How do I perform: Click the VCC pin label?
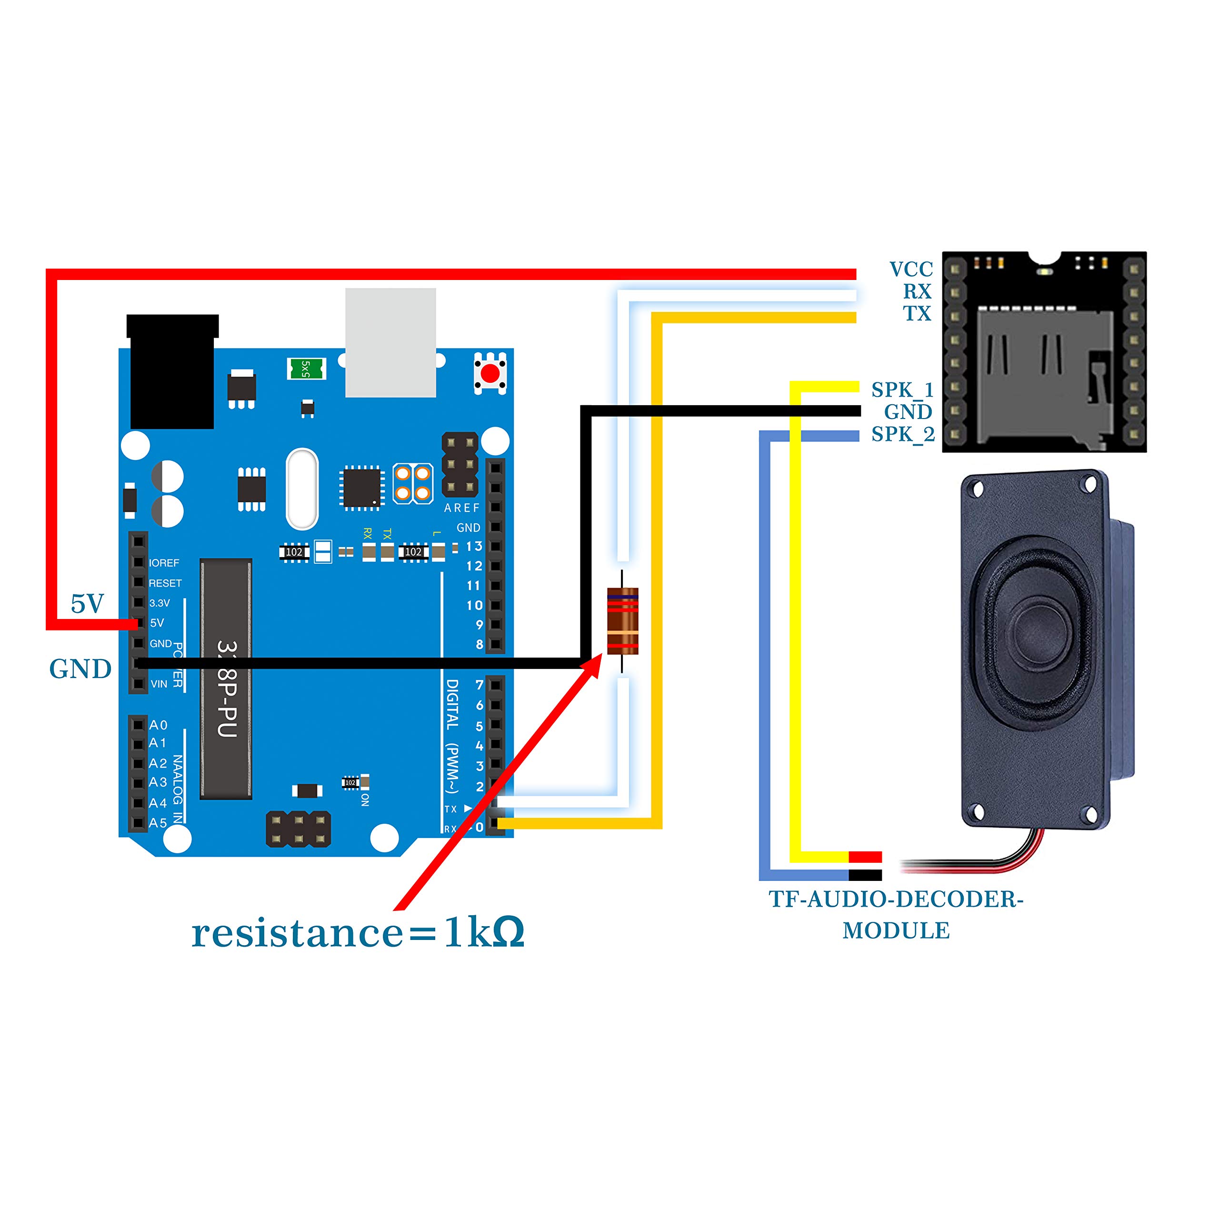click(x=910, y=270)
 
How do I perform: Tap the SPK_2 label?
click(x=902, y=434)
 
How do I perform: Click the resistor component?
click(x=622, y=620)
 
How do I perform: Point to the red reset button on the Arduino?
click(x=490, y=373)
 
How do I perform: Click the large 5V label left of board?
click(x=87, y=604)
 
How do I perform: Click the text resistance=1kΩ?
click(x=358, y=932)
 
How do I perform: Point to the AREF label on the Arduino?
click(x=461, y=508)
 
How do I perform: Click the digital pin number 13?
click(x=474, y=546)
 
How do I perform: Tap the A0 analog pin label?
click(x=158, y=725)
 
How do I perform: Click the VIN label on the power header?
click(x=159, y=684)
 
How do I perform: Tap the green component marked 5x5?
click(x=306, y=369)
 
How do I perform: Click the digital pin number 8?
click(x=480, y=644)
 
